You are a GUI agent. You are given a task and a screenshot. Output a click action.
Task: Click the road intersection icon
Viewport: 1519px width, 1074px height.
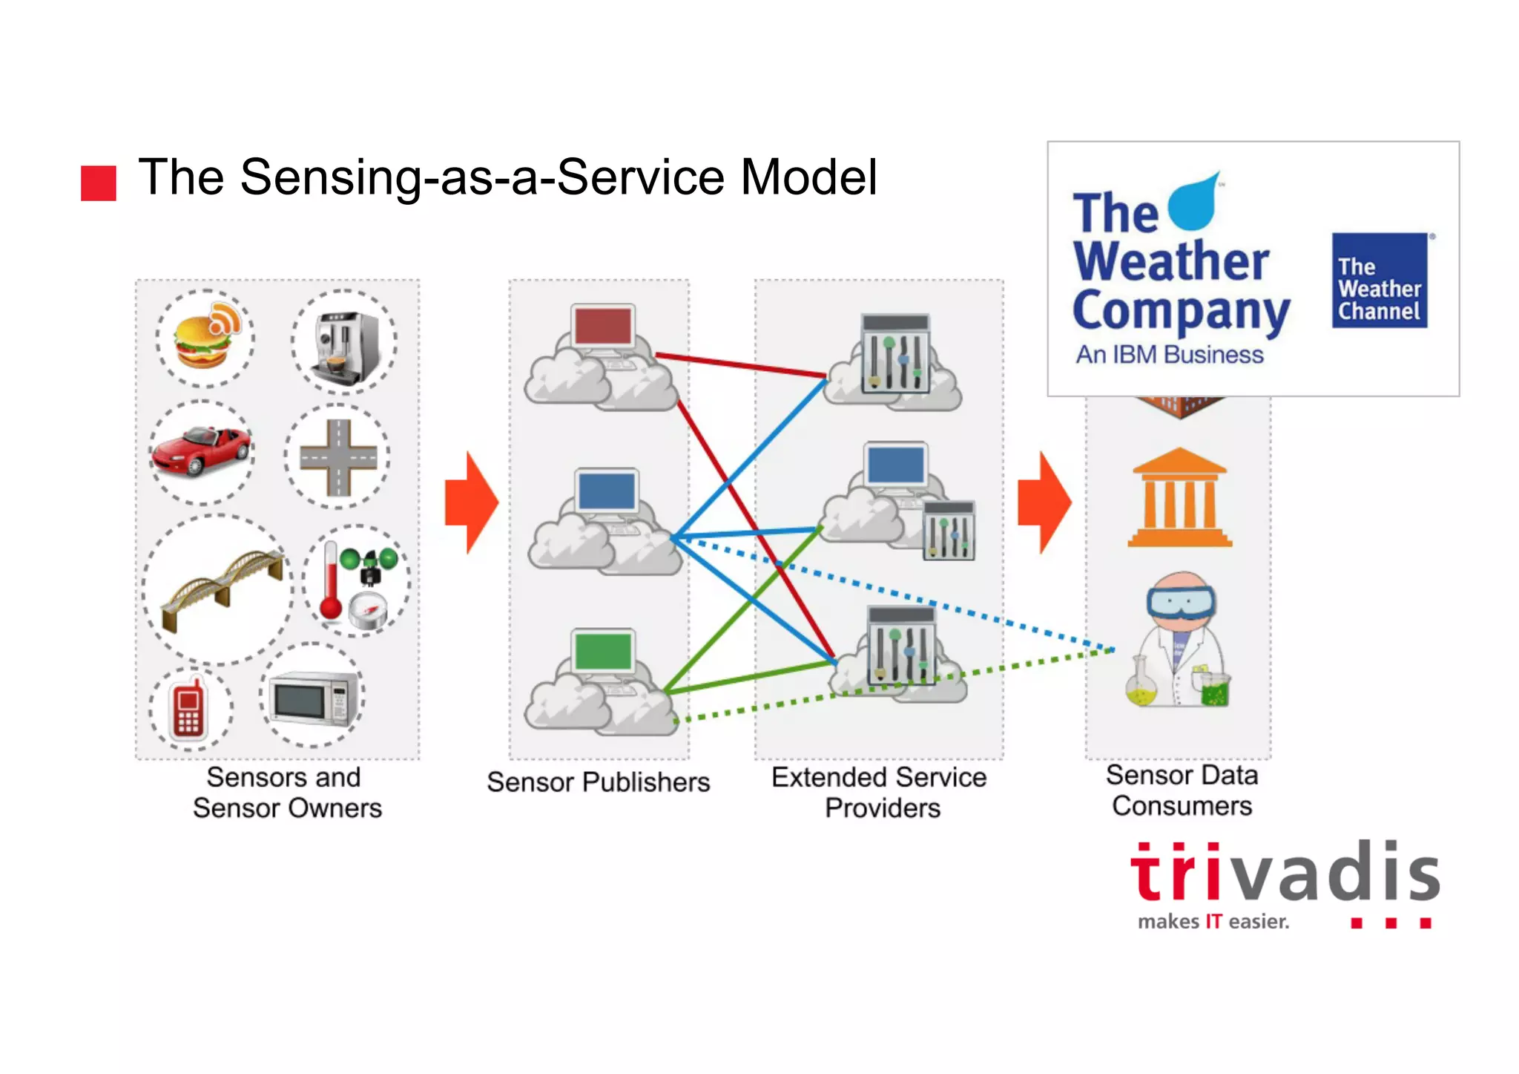[x=338, y=457]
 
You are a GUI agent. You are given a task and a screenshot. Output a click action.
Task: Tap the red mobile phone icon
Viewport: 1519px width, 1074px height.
[x=188, y=709]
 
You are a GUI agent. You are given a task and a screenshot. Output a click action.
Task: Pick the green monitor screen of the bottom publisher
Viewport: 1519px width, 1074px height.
[x=603, y=651]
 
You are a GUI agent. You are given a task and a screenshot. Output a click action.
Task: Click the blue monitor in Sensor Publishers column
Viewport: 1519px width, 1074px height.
[x=607, y=491]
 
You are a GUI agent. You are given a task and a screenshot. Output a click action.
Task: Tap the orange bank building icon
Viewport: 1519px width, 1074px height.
[x=1179, y=499]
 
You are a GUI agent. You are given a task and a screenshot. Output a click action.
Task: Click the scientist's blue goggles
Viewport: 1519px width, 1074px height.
[x=1181, y=602]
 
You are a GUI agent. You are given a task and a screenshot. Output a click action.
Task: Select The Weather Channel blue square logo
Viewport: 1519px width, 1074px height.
[x=1379, y=281]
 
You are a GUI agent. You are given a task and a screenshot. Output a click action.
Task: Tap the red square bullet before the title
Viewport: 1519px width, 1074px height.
[x=98, y=183]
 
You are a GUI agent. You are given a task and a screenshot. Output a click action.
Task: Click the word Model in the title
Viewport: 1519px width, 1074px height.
[x=808, y=178]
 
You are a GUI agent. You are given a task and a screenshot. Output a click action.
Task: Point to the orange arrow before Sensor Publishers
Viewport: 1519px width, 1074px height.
[x=471, y=502]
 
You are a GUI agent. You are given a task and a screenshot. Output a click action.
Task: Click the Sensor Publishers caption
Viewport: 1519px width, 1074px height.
[x=598, y=782]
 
